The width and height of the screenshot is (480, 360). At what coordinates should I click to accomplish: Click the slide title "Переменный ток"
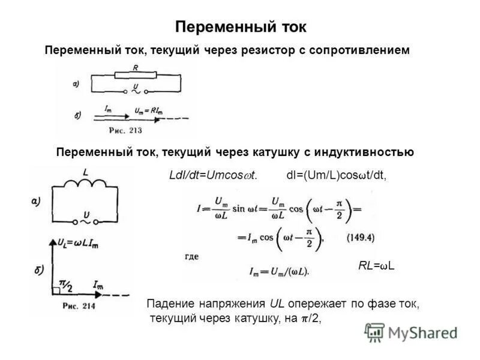coord(240,28)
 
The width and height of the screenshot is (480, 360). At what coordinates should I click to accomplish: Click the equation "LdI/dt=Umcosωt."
coord(214,175)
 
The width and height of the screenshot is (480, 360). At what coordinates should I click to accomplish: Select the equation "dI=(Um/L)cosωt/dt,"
coord(337,175)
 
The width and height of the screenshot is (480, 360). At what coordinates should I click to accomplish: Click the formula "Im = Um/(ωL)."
coord(279,271)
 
